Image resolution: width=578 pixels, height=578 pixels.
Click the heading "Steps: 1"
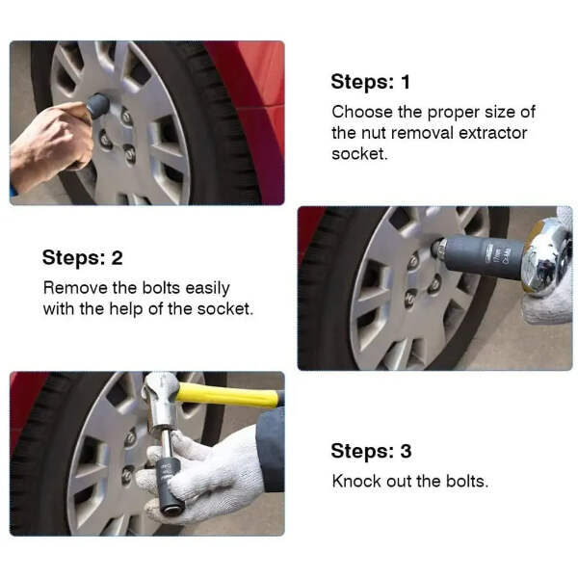click(371, 82)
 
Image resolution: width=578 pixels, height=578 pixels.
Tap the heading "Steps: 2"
click(82, 257)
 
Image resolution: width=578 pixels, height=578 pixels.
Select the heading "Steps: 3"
click(371, 451)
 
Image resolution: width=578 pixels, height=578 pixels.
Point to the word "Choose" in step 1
click(362, 112)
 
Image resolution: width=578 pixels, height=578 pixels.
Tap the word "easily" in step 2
click(207, 289)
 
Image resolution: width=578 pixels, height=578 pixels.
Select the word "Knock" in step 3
click(356, 481)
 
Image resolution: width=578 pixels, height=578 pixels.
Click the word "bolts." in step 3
click(467, 481)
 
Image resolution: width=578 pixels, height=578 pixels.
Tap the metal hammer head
click(162, 401)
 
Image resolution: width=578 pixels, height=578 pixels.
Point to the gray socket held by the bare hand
click(98, 106)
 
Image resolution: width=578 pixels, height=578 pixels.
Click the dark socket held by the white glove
click(168, 485)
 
